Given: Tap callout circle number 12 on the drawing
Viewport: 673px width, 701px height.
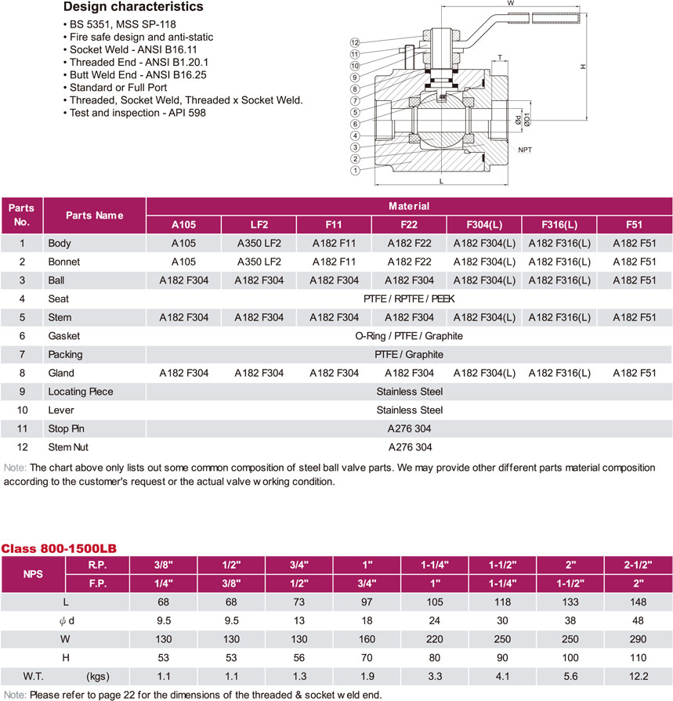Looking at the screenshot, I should pyautogui.click(x=355, y=42).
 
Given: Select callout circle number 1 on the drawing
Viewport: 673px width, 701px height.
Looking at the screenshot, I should pyautogui.click(x=355, y=170).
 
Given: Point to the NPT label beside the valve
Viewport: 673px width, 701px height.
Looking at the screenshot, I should pyautogui.click(x=525, y=148).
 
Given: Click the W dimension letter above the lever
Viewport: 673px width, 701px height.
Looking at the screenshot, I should pyautogui.click(x=511, y=4).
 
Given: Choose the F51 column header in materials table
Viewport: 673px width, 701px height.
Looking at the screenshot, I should pyautogui.click(x=634, y=224).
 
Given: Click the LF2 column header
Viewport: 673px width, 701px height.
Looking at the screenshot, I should pyautogui.click(x=259, y=224).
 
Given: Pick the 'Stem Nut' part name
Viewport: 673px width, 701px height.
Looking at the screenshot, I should pyautogui.click(x=69, y=447).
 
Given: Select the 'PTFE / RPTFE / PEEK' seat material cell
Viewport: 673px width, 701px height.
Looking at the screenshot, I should pyautogui.click(x=409, y=298).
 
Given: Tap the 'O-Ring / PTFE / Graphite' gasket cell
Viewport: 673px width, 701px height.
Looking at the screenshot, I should pyautogui.click(x=409, y=336).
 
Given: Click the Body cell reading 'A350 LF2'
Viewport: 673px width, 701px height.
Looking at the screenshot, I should pyautogui.click(x=259, y=244).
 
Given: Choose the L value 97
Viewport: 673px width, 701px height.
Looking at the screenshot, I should pyautogui.click(x=366, y=602).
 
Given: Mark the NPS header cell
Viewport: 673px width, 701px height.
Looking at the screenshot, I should pyautogui.click(x=33, y=573).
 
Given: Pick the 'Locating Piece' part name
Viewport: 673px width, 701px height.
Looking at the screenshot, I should pyautogui.click(x=80, y=392).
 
